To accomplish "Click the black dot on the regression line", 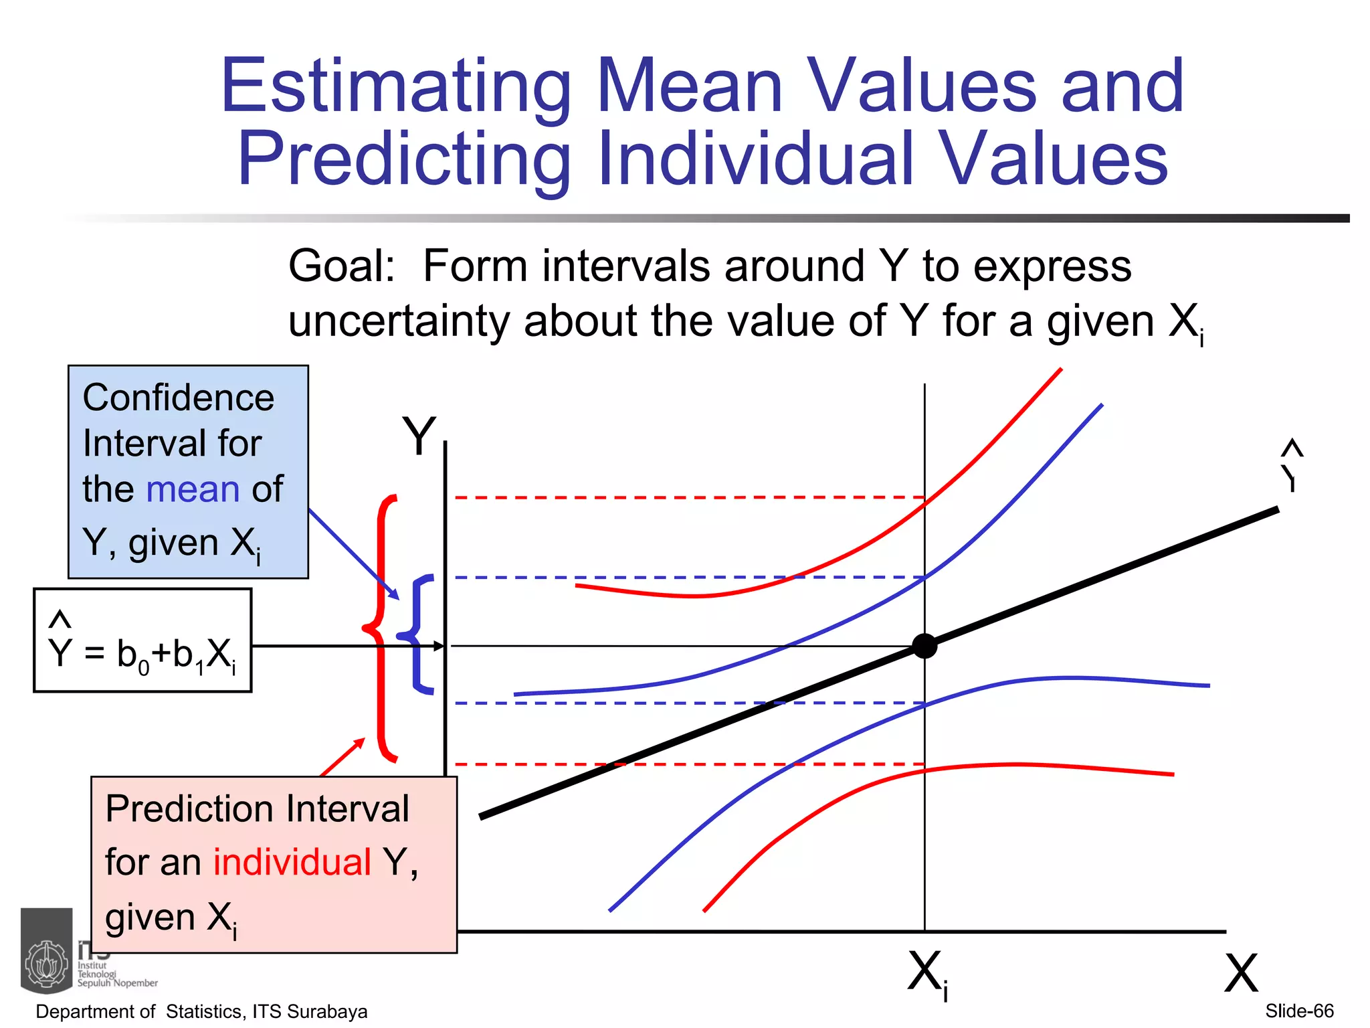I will [x=924, y=646].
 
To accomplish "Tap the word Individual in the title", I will [x=756, y=159].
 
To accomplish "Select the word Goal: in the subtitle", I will [x=342, y=266].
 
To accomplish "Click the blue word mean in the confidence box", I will [x=193, y=489].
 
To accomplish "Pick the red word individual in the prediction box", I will [x=292, y=861].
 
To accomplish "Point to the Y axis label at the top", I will [x=419, y=436].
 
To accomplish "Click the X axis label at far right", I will [x=1241, y=973].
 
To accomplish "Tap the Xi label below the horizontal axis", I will [x=928, y=974].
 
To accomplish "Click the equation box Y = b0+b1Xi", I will [x=142, y=640].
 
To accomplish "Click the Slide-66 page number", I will [x=1299, y=1011].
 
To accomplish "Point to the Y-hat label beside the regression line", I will [x=1291, y=467].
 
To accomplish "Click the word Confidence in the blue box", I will [x=179, y=398].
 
